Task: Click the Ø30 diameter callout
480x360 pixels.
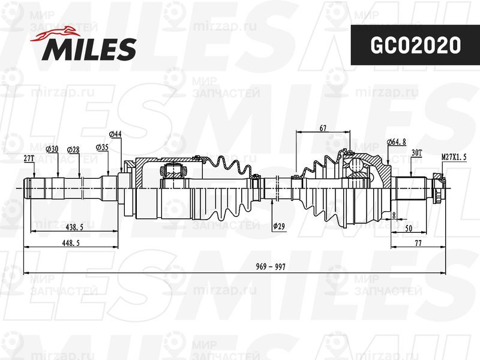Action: click(53, 148)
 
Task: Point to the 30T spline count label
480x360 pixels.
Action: click(417, 154)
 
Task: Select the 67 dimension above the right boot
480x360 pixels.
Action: click(323, 127)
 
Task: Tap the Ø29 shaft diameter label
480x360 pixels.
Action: click(278, 226)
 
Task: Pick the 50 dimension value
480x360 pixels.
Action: click(408, 228)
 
